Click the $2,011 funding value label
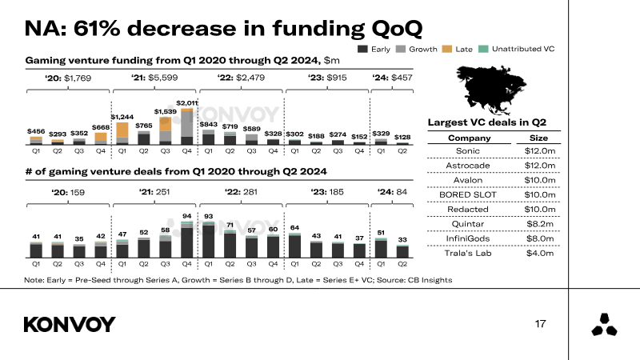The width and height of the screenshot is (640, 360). click(x=187, y=103)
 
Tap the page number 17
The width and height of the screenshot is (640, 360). click(x=540, y=324)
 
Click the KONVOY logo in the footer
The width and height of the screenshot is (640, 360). click(x=70, y=325)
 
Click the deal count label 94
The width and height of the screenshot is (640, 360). click(x=187, y=217)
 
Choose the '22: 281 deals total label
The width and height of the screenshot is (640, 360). click(x=238, y=192)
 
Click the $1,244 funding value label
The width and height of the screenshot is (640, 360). click(x=122, y=118)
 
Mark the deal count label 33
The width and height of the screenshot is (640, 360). click(x=403, y=240)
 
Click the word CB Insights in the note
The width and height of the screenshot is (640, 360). click(x=430, y=280)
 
